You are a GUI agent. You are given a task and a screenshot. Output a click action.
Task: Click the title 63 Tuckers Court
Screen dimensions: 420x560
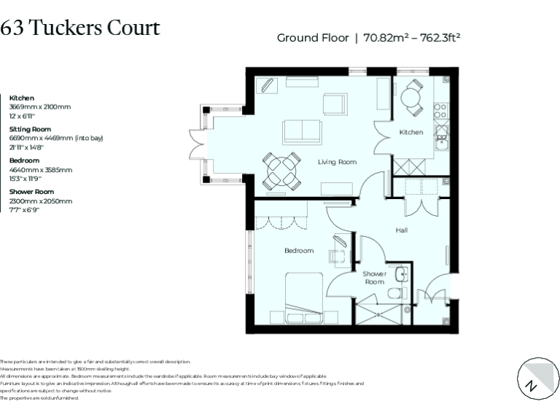80,28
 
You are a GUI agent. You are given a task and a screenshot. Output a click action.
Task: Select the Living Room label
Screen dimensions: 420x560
337,162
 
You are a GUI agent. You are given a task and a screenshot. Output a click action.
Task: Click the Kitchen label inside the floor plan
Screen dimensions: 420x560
411,132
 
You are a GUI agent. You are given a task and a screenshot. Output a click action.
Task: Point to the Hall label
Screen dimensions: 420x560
401,230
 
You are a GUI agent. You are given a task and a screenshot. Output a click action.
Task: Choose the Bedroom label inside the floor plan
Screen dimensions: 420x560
299,251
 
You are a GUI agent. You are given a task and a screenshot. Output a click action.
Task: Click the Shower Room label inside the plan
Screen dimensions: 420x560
374,277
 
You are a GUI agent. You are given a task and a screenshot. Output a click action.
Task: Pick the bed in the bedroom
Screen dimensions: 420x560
302,299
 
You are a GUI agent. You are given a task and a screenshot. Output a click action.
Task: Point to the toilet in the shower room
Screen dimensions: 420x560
395,294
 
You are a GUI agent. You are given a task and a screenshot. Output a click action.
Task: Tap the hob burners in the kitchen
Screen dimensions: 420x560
440,110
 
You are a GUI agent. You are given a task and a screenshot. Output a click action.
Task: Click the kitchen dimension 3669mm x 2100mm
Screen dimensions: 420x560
40,106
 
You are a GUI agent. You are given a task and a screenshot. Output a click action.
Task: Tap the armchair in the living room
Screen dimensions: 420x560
332,104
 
